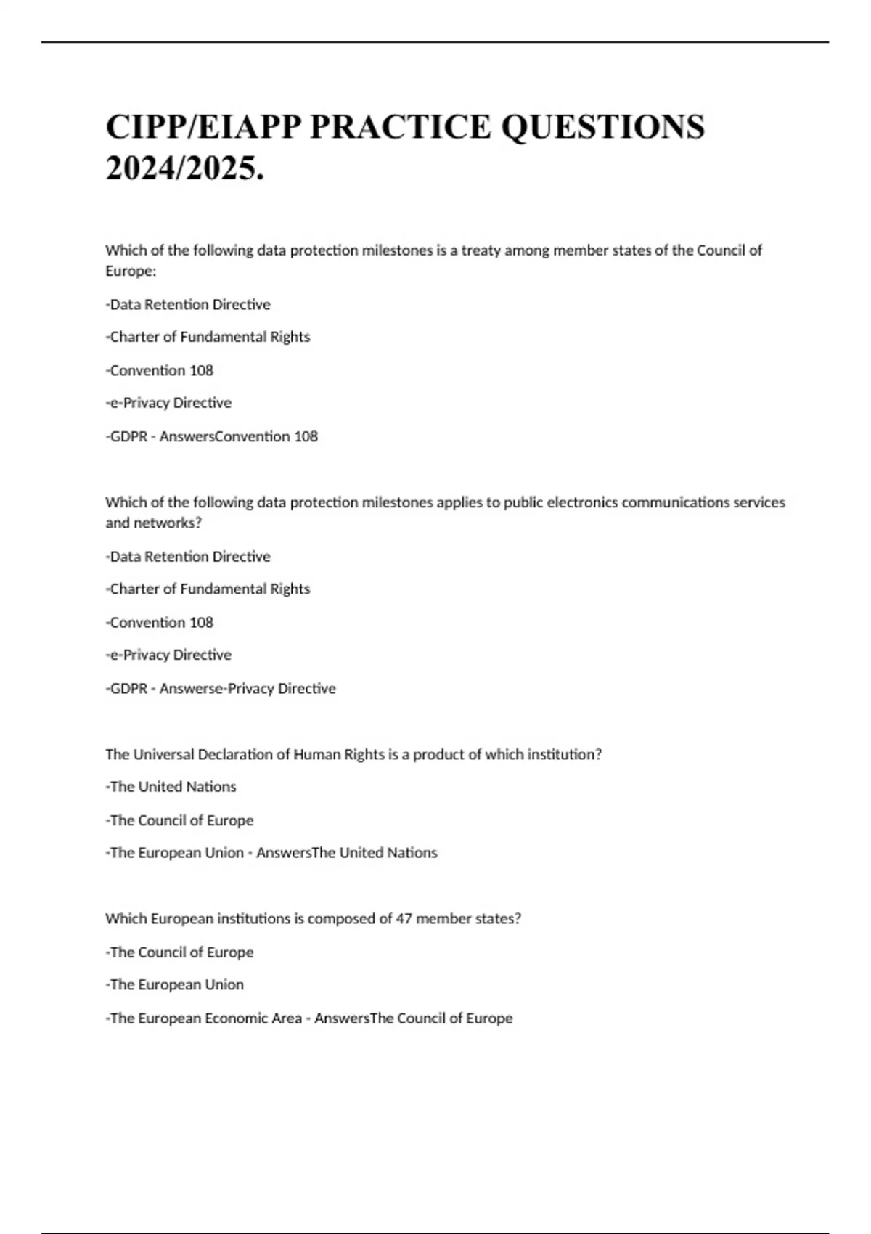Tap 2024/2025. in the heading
point(185,169)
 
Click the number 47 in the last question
point(404,918)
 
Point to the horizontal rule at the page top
point(435,42)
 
